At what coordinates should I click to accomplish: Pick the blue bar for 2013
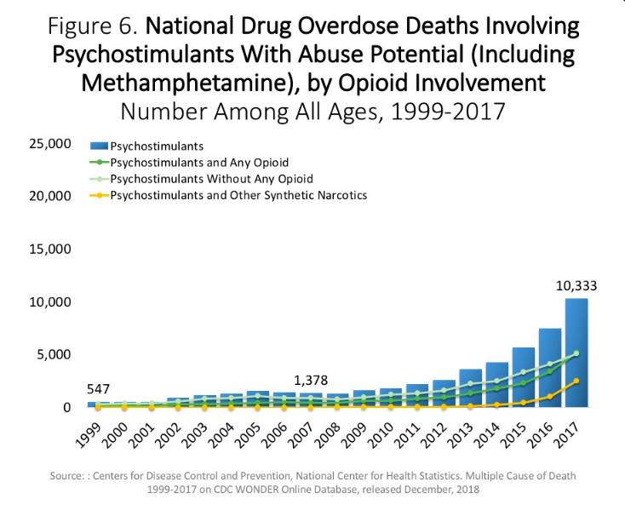pyautogui.click(x=470, y=388)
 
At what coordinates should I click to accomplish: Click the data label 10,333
pyautogui.click(x=576, y=286)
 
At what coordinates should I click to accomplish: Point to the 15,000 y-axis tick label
pyautogui.click(x=49, y=250)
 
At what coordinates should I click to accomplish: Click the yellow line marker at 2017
pyautogui.click(x=576, y=382)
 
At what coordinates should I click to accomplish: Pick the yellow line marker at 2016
pyautogui.click(x=549, y=397)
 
